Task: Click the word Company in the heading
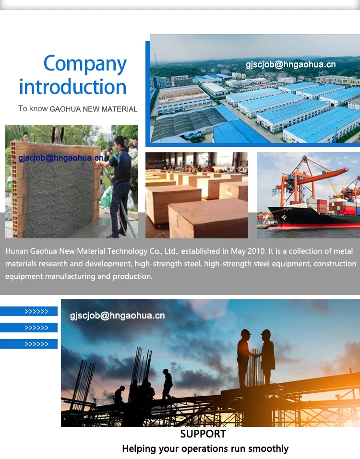tap(85, 63)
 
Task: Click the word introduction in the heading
tap(73, 87)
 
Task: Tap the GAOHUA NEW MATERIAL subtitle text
tap(94, 109)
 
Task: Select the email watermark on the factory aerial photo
tap(290, 65)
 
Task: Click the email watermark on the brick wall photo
tap(60, 158)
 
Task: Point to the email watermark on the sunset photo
tap(117, 316)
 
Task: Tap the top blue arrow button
tap(29, 312)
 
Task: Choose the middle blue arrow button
tap(29, 328)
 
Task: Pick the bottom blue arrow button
tap(29, 344)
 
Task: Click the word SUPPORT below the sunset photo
tap(203, 434)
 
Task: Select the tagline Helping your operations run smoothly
tap(205, 449)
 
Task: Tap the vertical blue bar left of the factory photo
tap(148, 92)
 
